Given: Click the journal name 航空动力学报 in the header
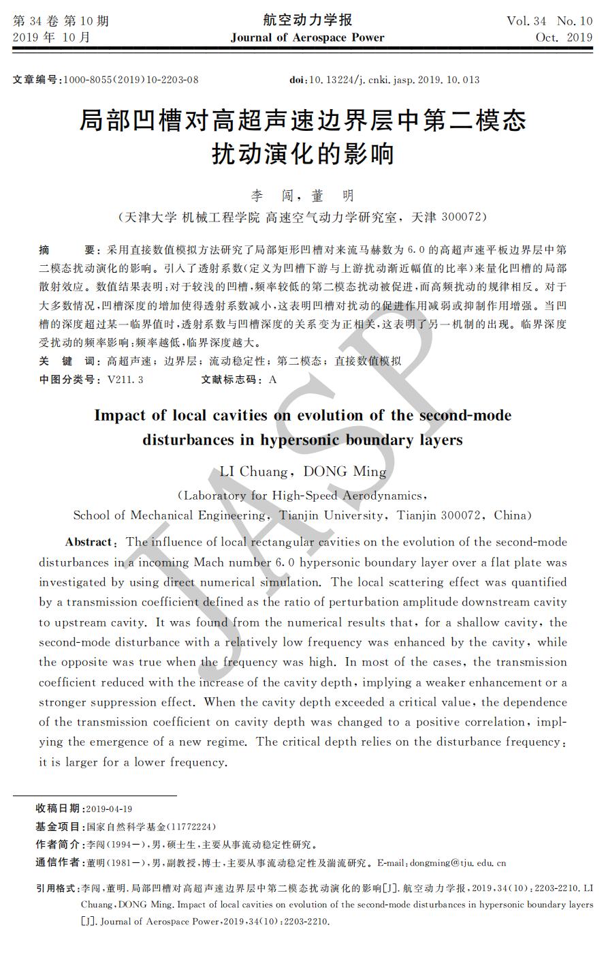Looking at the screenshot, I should (x=307, y=20).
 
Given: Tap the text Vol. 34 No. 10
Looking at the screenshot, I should (x=549, y=21).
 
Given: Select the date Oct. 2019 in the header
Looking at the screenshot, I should (x=564, y=37).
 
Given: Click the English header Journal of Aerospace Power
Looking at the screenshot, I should (x=307, y=37).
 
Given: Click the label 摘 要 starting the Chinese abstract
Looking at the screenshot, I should (x=69, y=251).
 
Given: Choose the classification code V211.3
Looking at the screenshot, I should (x=125, y=380).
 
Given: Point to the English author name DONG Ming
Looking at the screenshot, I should (x=345, y=472).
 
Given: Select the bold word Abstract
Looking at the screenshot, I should (x=89, y=543).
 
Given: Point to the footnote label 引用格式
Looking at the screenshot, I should (x=57, y=889).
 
